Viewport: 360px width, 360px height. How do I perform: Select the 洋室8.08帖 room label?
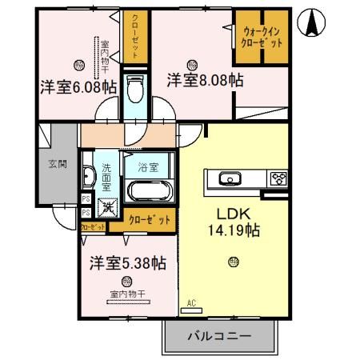pyautogui.click(x=205, y=81)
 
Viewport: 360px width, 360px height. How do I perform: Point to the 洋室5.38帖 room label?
pyautogui.click(x=127, y=262)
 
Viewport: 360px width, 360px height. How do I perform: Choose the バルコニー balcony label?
pyautogui.click(x=219, y=337)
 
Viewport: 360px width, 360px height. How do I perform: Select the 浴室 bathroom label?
pyautogui.click(x=147, y=168)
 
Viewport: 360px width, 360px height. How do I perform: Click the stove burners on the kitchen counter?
pyautogui.click(x=280, y=178)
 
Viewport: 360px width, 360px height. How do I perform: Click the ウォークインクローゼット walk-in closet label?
pyautogui.click(x=261, y=37)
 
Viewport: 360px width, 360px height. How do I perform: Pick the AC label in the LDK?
pyautogui.click(x=191, y=302)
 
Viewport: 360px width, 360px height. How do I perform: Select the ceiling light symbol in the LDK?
pyautogui.click(x=233, y=260)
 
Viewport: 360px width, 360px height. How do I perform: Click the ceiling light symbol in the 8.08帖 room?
pyautogui.click(x=192, y=63)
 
